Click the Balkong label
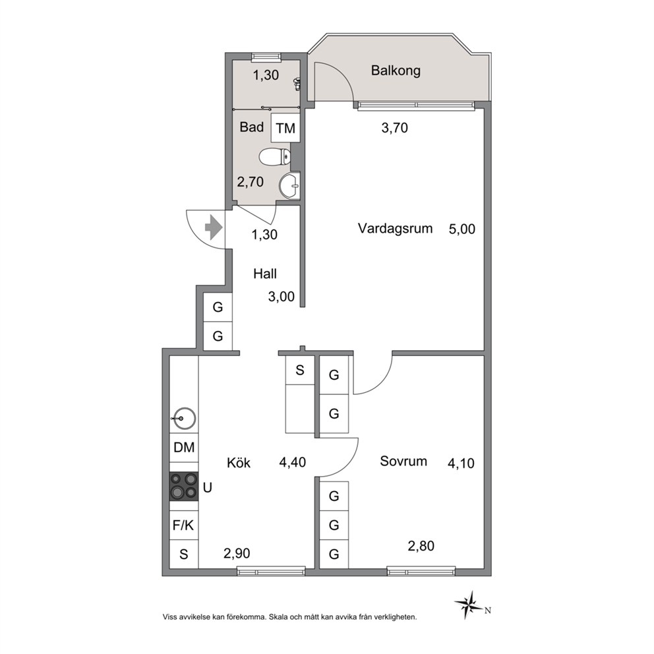(396, 71)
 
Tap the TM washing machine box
(285, 128)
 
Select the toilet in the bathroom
(274, 158)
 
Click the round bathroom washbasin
(289, 185)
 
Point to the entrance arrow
(213, 227)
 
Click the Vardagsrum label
(395, 229)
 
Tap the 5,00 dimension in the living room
(461, 229)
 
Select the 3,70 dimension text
(394, 128)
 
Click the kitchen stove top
(183, 486)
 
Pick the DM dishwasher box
(184, 448)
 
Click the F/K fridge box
(183, 525)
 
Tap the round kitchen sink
(185, 418)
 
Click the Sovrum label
(403, 461)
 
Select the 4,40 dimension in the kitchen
(292, 462)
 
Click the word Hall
(265, 274)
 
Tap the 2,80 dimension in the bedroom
(421, 546)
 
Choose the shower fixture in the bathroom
(297, 84)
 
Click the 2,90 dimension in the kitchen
(237, 553)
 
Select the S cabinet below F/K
(183, 554)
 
